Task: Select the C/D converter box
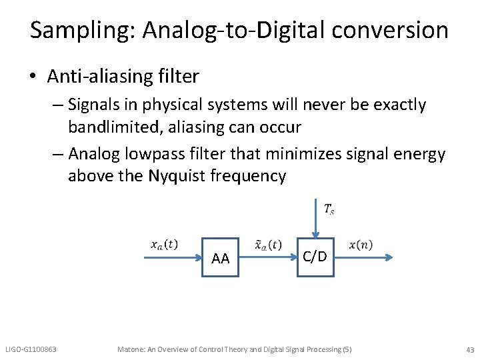pyautogui.click(x=315, y=255)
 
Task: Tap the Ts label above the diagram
pyautogui.click(x=329, y=209)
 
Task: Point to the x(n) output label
pyautogui.click(x=361, y=245)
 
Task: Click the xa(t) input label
pyautogui.click(x=164, y=244)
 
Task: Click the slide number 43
pyautogui.click(x=470, y=349)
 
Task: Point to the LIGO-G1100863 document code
pyautogui.click(x=31, y=349)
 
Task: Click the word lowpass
pyautogui.click(x=178, y=155)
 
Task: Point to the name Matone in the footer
pyautogui.click(x=131, y=349)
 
